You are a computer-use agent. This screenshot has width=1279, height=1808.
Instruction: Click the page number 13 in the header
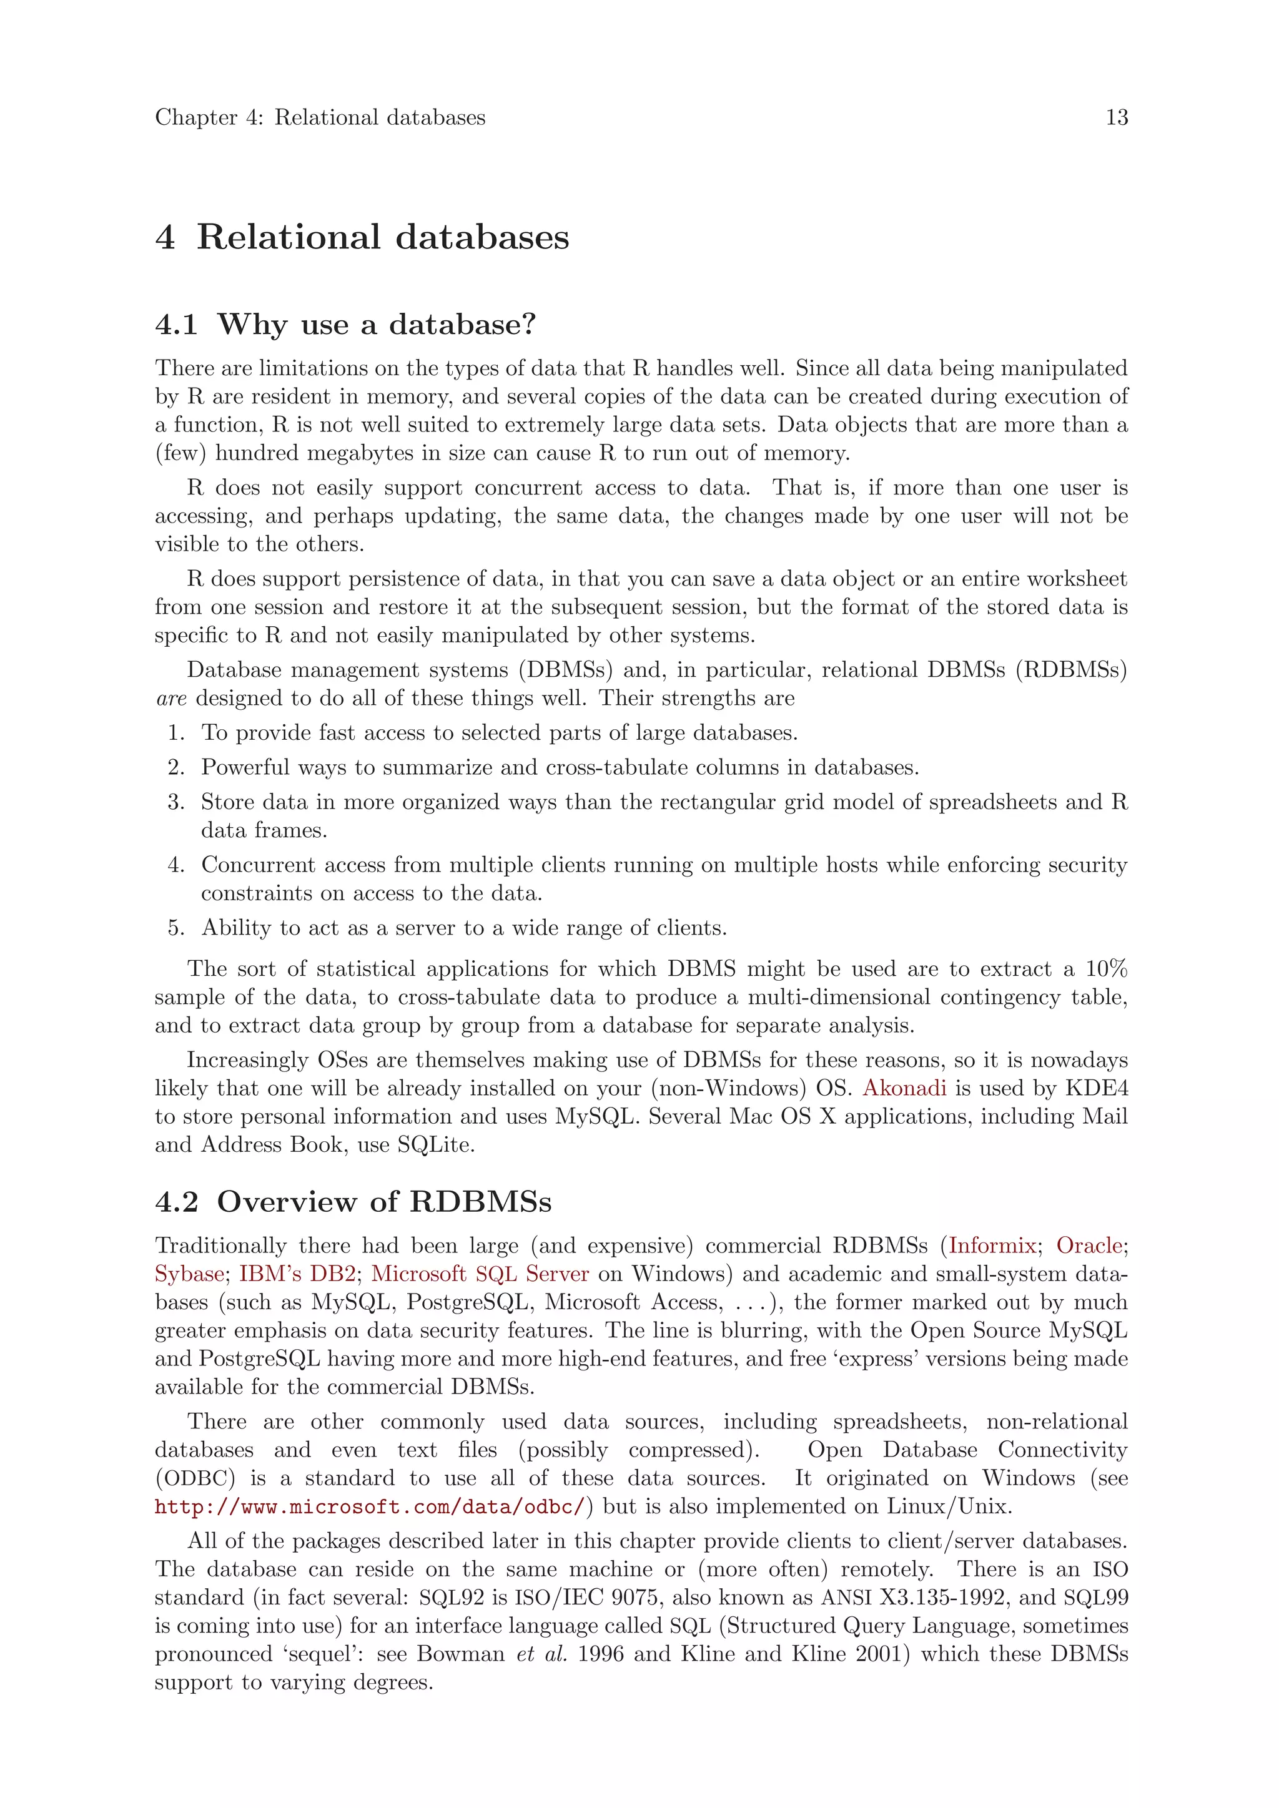click(x=1116, y=117)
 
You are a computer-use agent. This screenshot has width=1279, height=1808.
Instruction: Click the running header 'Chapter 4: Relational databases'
click(x=320, y=117)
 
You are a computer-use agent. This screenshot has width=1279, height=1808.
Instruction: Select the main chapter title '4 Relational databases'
click(x=362, y=237)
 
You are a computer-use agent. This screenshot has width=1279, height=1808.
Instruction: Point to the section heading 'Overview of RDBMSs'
click(x=383, y=1202)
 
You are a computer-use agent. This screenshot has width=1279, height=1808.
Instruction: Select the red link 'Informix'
click(x=992, y=1245)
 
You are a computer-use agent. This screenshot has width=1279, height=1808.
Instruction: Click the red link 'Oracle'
click(x=1089, y=1245)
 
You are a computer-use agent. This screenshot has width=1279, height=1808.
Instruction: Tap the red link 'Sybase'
click(x=189, y=1274)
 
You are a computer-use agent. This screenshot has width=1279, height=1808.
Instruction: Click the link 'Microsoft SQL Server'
click(x=480, y=1274)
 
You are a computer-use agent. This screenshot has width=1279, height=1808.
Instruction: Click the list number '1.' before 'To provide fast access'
click(x=176, y=733)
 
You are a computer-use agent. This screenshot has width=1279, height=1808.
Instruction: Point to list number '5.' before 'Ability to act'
click(x=176, y=928)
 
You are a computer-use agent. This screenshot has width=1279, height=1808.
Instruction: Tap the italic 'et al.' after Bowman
click(x=541, y=1654)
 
